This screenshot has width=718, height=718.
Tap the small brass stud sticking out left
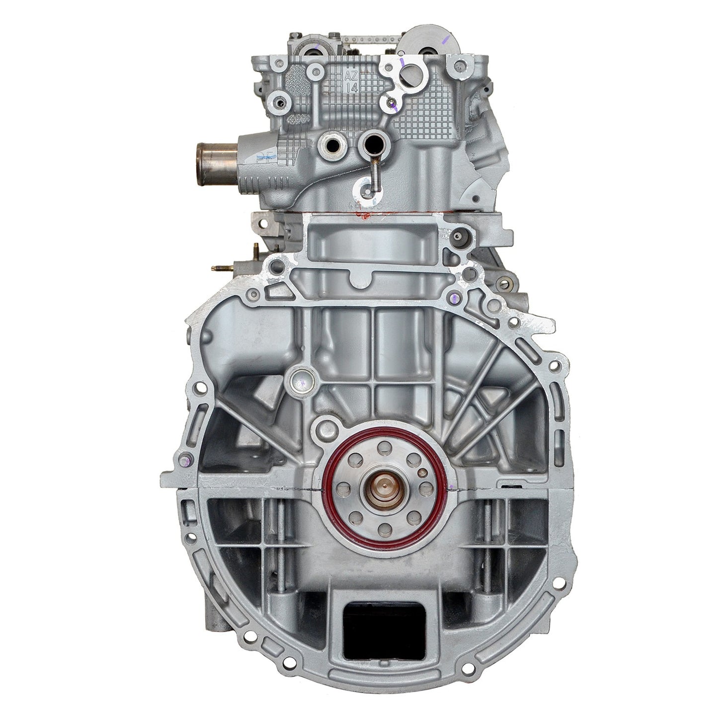218,268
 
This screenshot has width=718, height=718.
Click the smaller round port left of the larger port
330,145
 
